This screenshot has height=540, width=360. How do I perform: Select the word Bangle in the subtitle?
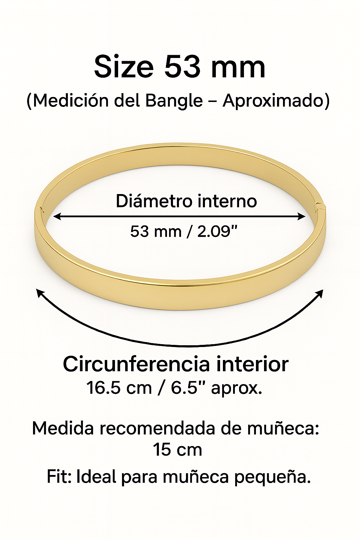click(x=174, y=101)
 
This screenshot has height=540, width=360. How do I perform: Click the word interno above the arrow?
click(x=227, y=201)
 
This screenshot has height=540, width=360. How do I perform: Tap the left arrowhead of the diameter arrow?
click(x=57, y=216)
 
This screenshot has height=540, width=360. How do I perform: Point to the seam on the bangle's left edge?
click(x=39, y=210)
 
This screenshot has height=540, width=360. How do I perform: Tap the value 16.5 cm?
click(x=119, y=388)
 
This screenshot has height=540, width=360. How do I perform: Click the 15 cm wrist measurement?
click(x=178, y=450)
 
